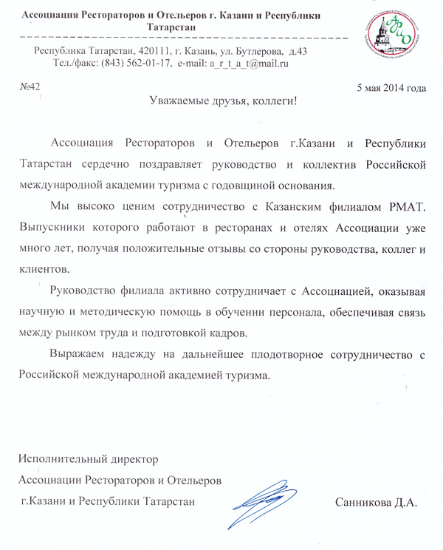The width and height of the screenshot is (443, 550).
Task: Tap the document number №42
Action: click(x=29, y=88)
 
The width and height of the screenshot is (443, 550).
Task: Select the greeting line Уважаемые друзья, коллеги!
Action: click(x=222, y=101)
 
